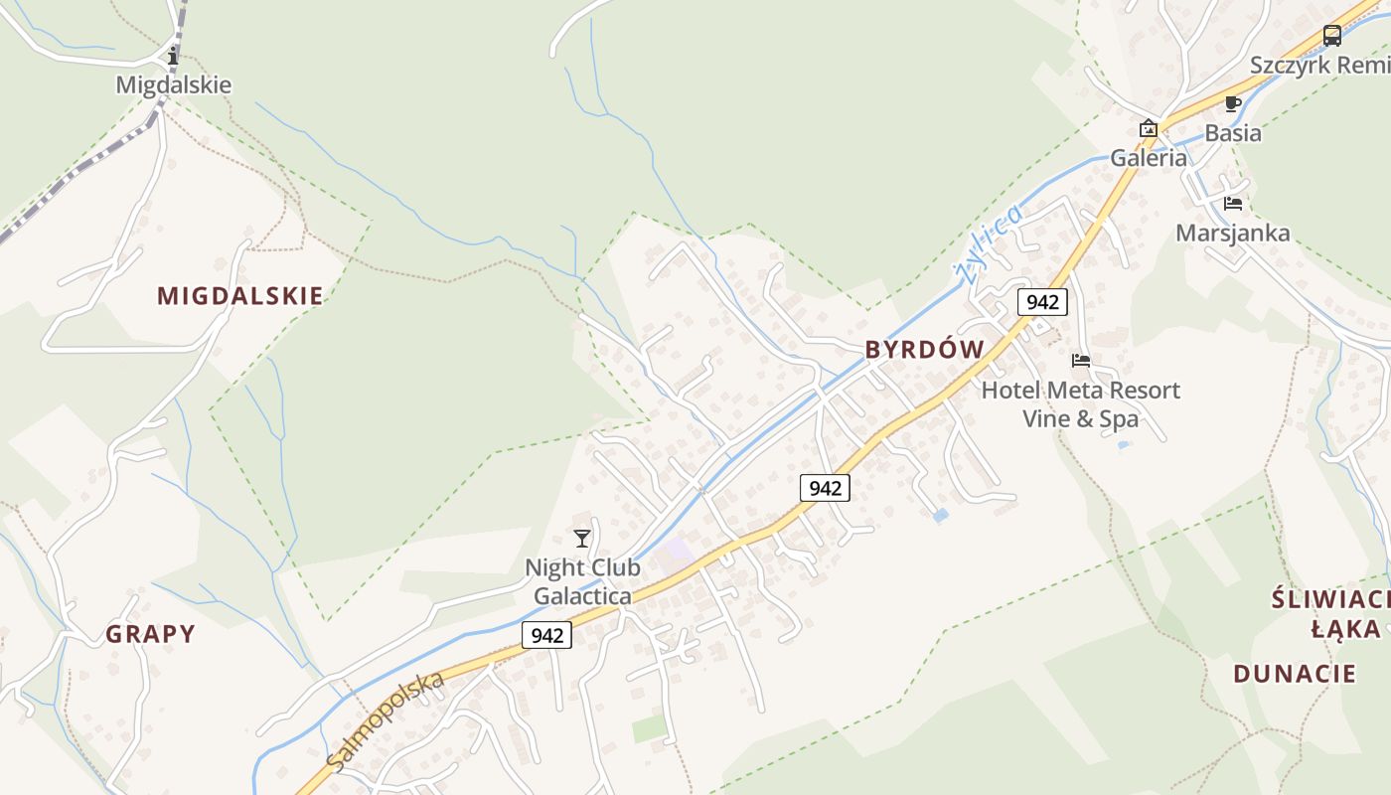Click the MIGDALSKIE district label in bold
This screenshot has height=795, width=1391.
tap(239, 295)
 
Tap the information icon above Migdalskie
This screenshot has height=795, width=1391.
tap(174, 56)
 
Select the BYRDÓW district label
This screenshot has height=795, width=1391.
tap(924, 350)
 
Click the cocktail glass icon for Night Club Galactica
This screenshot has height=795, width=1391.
tap(582, 539)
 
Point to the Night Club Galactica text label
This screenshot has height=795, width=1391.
tap(582, 581)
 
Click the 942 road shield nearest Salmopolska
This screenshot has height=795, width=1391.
tap(547, 635)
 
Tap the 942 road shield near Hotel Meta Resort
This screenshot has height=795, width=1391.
tap(1041, 302)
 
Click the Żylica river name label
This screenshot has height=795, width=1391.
tap(989, 243)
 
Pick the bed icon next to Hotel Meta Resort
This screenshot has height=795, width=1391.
tap(1081, 361)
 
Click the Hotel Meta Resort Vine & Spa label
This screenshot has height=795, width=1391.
tap(1081, 403)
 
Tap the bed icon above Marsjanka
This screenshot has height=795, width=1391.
tap(1233, 204)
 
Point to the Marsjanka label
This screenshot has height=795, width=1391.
tap(1233, 234)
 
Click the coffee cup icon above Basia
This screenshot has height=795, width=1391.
tap(1233, 103)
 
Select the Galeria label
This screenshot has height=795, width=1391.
tap(1149, 157)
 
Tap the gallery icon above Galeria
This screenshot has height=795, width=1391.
tap(1149, 128)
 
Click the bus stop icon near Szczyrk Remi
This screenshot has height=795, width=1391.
tap(1332, 37)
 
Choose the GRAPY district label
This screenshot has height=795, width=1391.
tap(151, 634)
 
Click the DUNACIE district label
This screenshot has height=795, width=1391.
tap(1295, 674)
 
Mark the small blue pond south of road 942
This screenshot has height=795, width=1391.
tap(940, 516)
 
